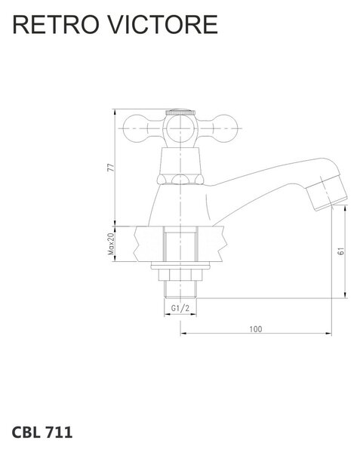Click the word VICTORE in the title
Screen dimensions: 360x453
tap(163, 25)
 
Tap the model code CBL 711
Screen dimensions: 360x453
tap(42, 432)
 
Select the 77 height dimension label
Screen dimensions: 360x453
tap(111, 168)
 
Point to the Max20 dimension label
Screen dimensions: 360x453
tap(111, 244)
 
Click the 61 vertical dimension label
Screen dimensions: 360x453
tap(341, 251)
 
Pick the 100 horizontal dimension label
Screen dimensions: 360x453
tap(256, 329)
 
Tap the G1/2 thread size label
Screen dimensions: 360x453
tap(180, 308)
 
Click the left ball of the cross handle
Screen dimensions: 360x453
tap(134, 128)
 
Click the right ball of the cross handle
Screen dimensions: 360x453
tap(227, 128)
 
